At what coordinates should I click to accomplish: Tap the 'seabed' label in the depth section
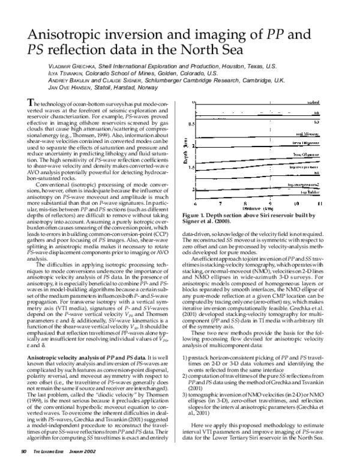click(316, 103)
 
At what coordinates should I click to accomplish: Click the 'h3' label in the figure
click(320, 121)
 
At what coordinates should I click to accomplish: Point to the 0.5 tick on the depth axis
click(191, 124)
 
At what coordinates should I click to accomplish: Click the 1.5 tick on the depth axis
click(191, 168)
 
